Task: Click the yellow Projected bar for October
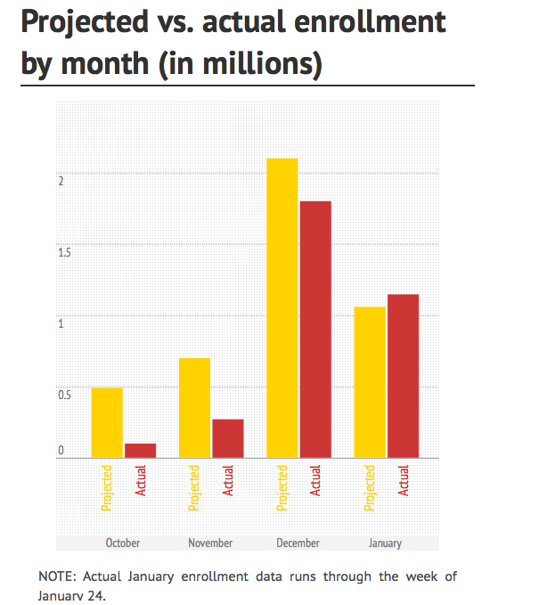[x=107, y=422]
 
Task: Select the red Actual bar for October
[x=140, y=450]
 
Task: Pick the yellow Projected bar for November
[x=194, y=407]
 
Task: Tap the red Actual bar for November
[x=227, y=437]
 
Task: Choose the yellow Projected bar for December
[x=282, y=307]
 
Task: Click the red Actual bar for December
[x=315, y=329]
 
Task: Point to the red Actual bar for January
[x=403, y=375]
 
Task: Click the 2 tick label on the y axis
[x=61, y=180]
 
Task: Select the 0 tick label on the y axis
[x=61, y=451]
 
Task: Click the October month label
[x=123, y=543]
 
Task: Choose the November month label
[x=210, y=543]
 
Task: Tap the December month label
[x=298, y=543]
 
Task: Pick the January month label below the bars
[x=385, y=543]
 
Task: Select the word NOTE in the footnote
[x=56, y=576]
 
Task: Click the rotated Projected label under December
[x=282, y=487]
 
